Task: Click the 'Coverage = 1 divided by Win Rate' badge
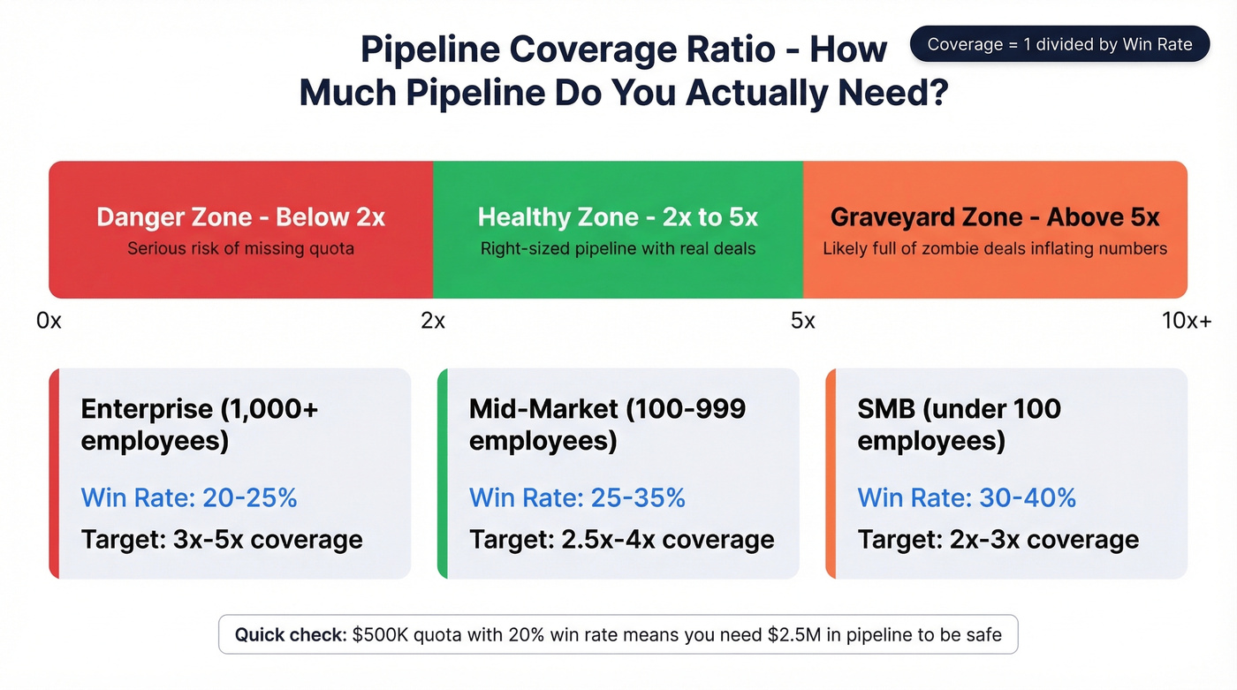(x=1059, y=44)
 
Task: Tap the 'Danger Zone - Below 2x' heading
(x=240, y=217)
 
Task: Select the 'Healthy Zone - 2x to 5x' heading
(x=618, y=217)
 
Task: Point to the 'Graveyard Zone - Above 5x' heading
(x=995, y=217)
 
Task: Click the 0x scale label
(x=49, y=321)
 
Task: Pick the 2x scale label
(x=433, y=321)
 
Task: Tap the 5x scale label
(x=802, y=321)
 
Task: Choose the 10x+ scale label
(x=1186, y=321)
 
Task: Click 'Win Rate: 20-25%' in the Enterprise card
(x=189, y=497)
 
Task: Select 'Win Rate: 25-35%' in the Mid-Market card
(x=577, y=497)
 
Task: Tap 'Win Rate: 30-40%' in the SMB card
(x=967, y=497)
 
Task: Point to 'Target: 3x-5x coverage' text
(x=222, y=540)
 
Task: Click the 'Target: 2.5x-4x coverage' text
(x=621, y=540)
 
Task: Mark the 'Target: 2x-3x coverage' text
(x=998, y=540)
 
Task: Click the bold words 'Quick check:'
(x=291, y=634)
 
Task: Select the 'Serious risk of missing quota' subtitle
(x=240, y=249)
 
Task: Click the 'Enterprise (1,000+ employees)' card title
(x=199, y=424)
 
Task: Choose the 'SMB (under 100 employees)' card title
(x=959, y=424)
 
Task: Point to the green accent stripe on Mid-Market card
(x=443, y=474)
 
